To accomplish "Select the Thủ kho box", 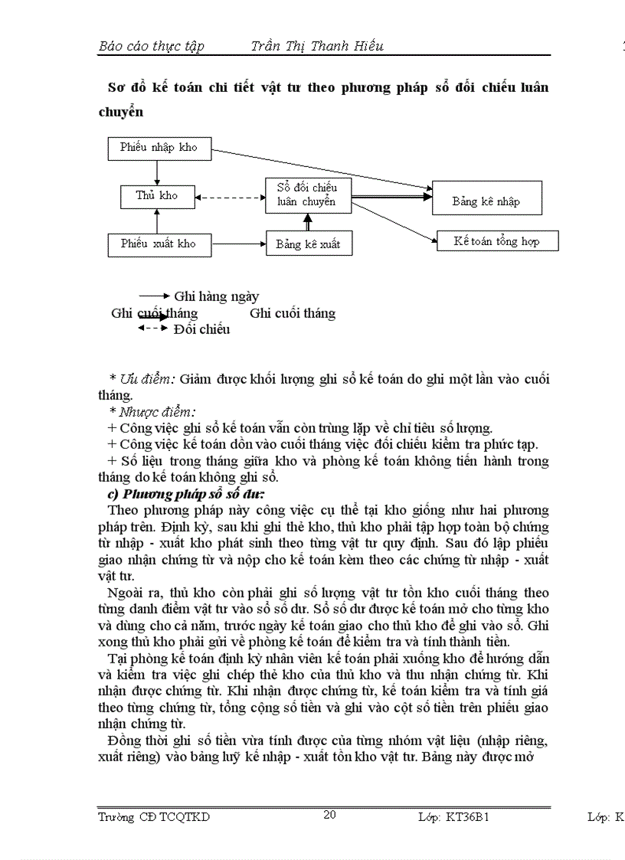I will (156, 196).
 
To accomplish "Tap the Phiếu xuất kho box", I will (158, 244).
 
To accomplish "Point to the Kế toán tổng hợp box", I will (497, 241).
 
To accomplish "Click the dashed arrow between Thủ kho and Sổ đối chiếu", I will (228, 197).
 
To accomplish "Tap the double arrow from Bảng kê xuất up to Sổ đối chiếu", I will (309, 222).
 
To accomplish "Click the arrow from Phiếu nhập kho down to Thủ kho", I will (156, 172).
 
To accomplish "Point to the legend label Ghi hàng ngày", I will (217, 296).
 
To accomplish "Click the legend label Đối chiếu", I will (201, 329).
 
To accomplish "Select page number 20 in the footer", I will (329, 815).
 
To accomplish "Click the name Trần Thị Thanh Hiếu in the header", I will (317, 46).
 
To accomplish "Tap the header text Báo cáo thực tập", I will (152, 46).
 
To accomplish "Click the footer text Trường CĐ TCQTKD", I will (154, 817).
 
